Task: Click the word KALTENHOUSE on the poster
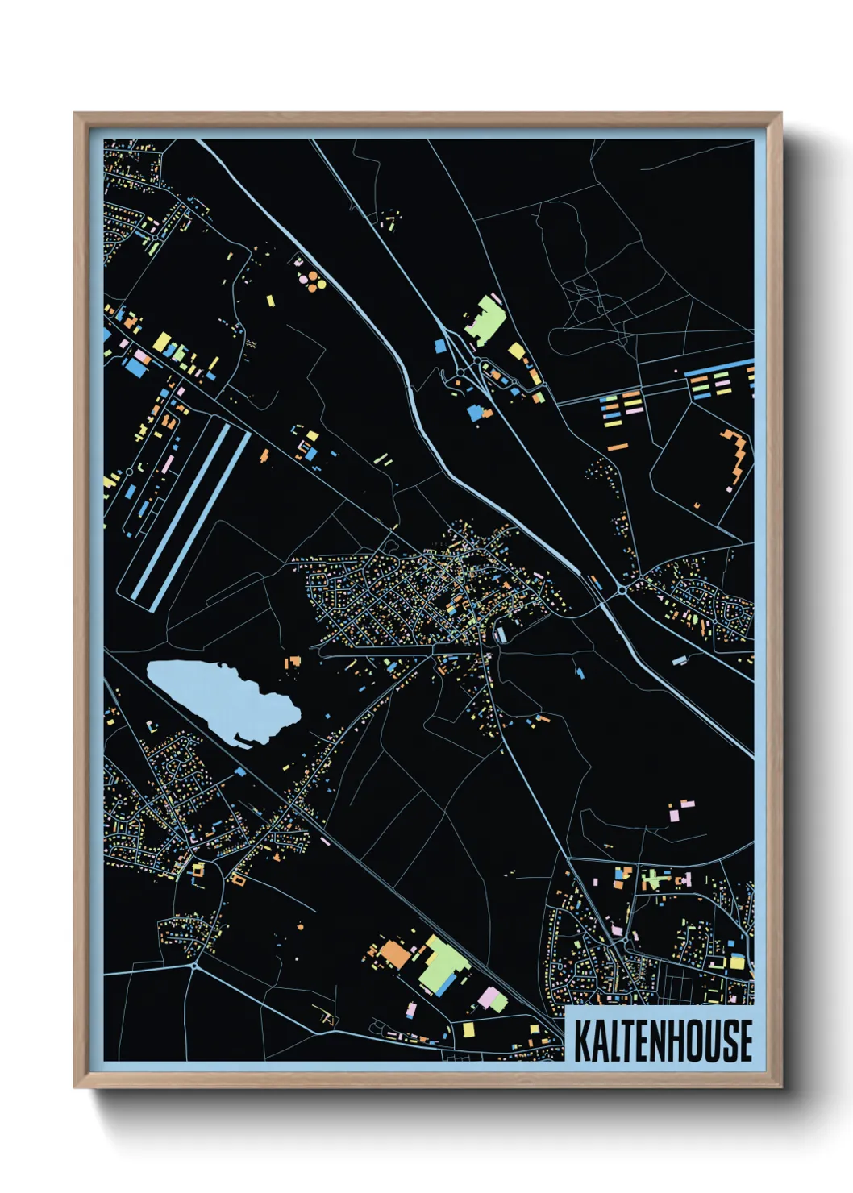[663, 1041]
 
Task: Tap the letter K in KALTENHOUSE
[582, 1041]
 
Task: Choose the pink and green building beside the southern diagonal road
[493, 1000]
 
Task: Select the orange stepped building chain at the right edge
[738, 455]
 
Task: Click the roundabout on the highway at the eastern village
[622, 591]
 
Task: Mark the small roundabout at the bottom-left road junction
[194, 964]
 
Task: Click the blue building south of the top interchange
[475, 413]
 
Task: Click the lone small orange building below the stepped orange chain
[697, 505]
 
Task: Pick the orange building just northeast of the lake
[292, 662]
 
